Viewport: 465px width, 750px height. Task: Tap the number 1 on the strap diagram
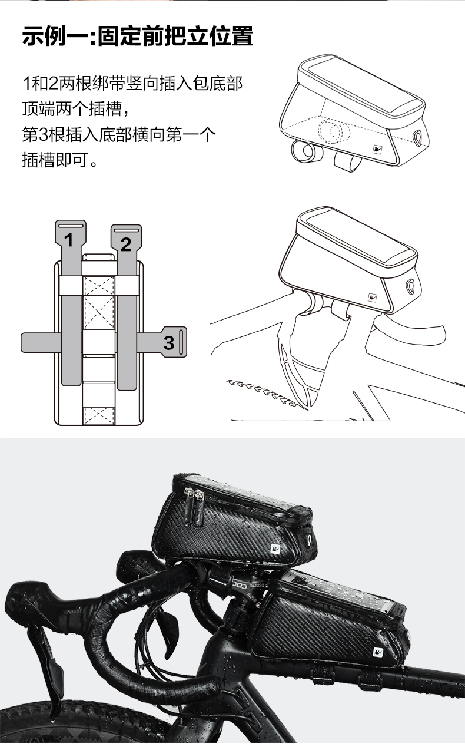[69, 240]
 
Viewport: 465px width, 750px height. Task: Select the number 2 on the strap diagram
[126, 244]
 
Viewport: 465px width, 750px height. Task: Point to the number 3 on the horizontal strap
[169, 342]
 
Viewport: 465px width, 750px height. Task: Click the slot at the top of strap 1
[71, 226]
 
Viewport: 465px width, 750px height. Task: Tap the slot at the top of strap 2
[126, 229]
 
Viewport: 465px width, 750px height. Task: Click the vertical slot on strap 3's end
[181, 342]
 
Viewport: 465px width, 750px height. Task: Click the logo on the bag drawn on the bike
[372, 298]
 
